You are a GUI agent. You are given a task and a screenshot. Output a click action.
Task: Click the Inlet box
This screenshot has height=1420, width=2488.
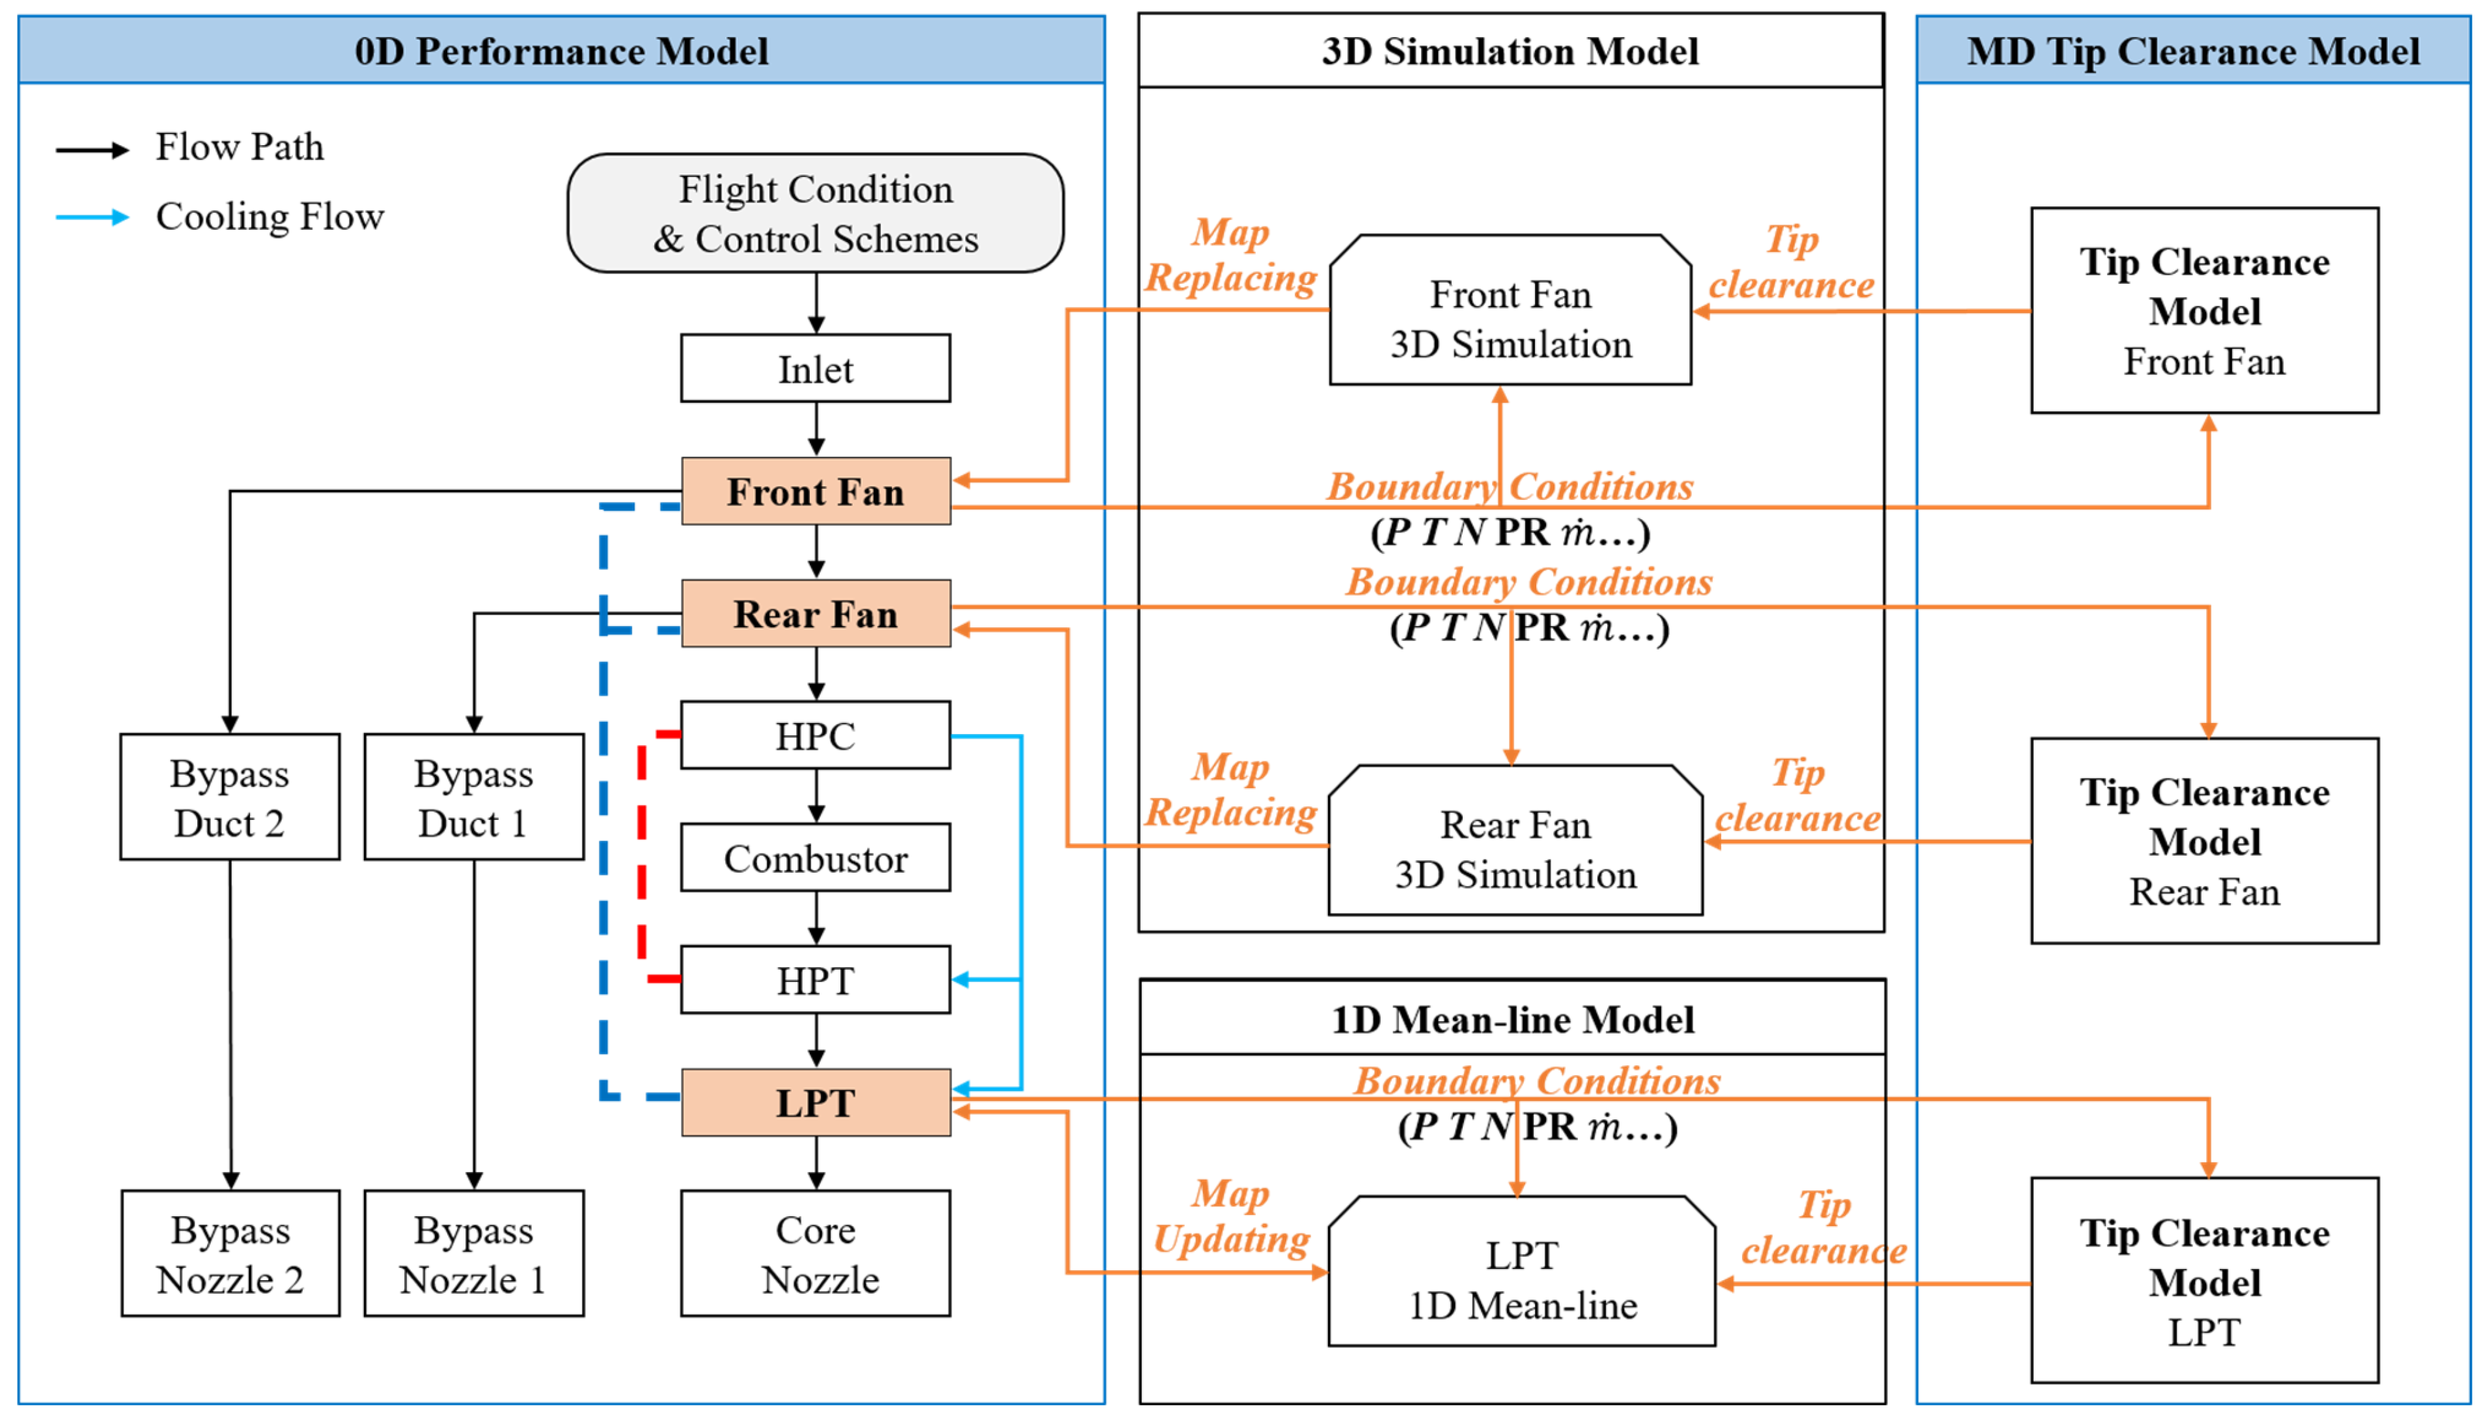[816, 368]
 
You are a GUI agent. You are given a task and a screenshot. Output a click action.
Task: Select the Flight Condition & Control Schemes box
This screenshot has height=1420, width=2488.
[816, 213]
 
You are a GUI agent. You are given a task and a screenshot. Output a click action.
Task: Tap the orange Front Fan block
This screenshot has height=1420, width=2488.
[816, 491]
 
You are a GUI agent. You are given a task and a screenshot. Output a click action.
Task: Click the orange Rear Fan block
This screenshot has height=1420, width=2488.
[816, 614]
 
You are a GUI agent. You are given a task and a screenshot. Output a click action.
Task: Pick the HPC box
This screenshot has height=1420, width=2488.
[816, 735]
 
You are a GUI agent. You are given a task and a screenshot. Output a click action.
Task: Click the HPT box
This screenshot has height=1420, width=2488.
[816, 979]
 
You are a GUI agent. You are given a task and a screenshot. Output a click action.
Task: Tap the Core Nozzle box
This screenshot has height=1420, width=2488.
[816, 1253]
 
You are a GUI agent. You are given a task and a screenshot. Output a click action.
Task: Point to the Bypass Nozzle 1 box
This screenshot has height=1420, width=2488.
[474, 1253]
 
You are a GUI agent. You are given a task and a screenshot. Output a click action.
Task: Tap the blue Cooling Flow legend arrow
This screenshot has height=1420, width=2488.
[92, 217]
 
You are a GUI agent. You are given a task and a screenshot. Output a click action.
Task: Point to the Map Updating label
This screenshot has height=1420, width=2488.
[1231, 1216]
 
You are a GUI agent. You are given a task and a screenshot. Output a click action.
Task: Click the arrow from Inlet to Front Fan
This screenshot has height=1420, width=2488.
[816, 429]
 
